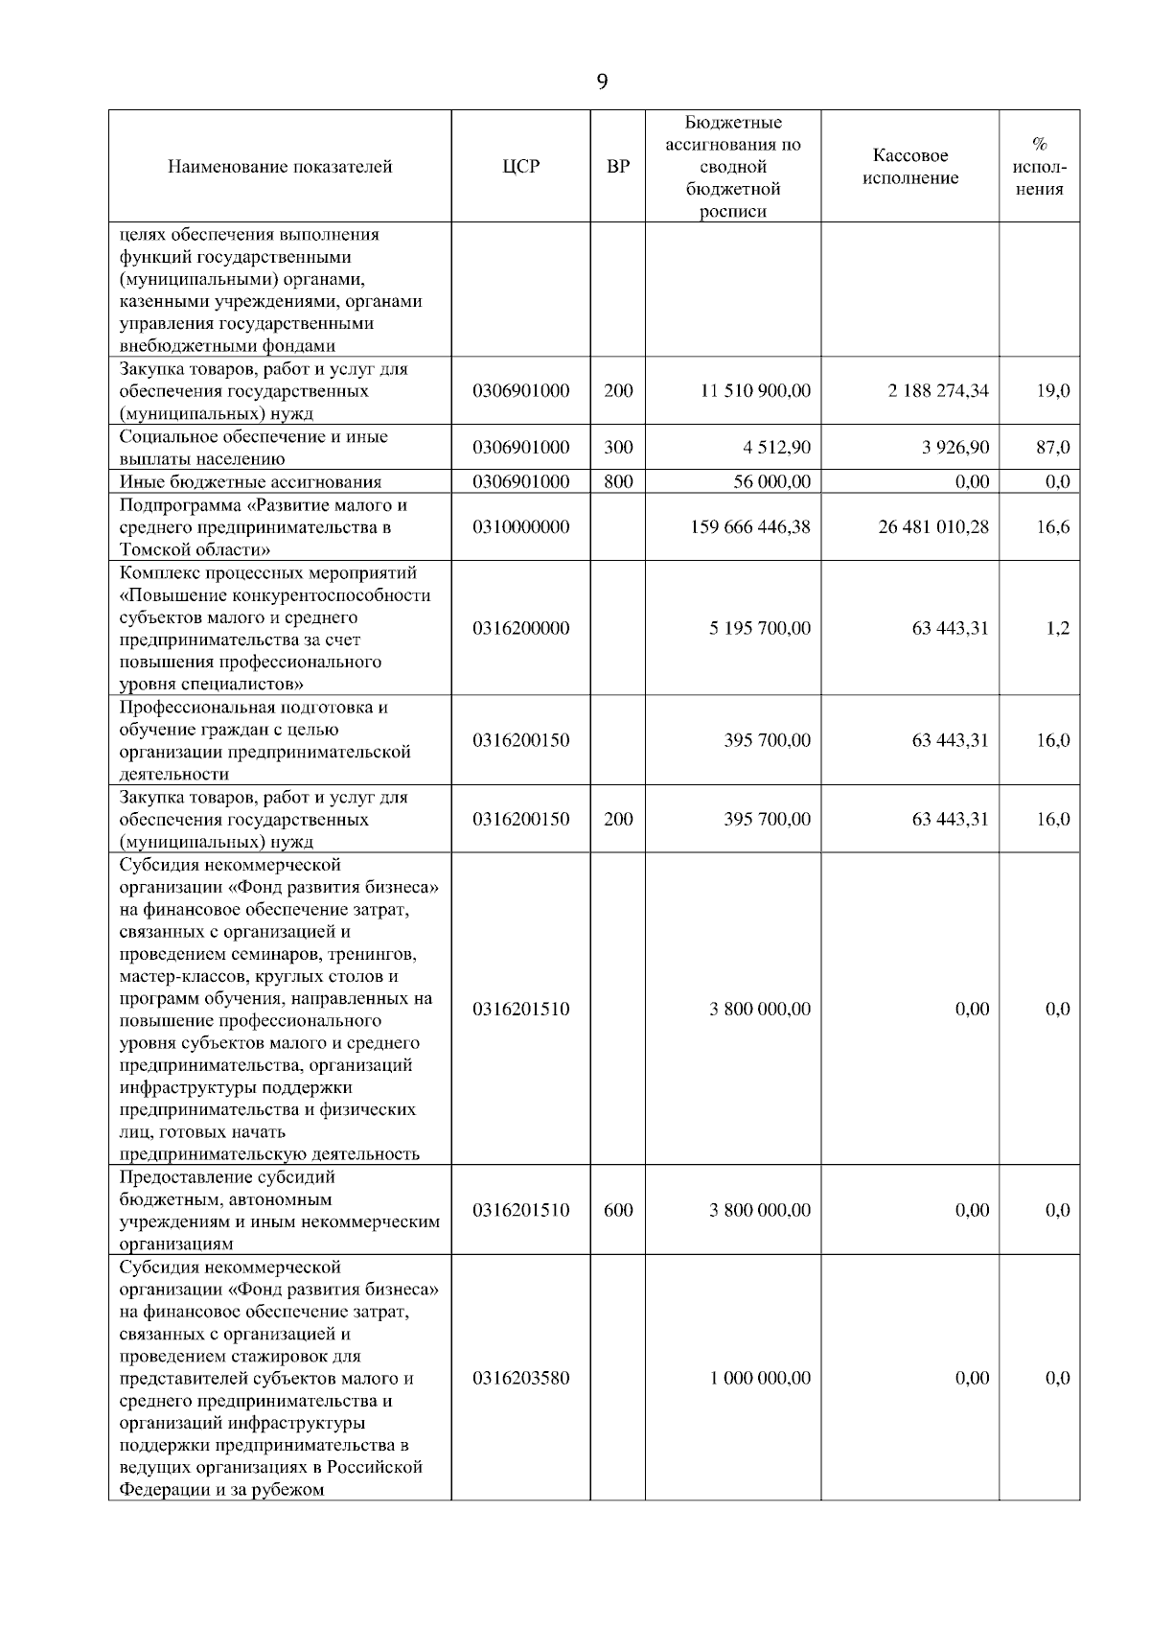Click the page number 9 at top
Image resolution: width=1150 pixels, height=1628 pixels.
pos(602,81)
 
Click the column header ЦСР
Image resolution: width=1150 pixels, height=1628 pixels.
pos(520,167)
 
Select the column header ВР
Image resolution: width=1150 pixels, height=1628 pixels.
pos(618,167)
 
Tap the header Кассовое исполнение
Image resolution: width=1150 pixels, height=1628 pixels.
pos(910,167)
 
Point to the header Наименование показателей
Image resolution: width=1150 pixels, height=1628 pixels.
pos(280,167)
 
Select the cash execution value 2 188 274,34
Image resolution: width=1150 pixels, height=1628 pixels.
pos(938,391)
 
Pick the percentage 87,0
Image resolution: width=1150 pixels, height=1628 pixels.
pos(1053,447)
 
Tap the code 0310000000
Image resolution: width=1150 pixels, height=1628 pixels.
pos(520,526)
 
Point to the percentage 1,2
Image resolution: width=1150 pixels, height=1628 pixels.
pos(1058,628)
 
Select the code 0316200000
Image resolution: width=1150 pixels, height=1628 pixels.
pos(520,628)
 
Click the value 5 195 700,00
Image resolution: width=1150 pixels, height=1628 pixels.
pos(759,628)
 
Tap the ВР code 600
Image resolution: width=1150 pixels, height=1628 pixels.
pos(618,1210)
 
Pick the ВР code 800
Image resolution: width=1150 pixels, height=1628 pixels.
pos(618,481)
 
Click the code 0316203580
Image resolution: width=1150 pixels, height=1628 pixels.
pos(520,1378)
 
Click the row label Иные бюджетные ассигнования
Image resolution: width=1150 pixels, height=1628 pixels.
pos(250,482)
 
